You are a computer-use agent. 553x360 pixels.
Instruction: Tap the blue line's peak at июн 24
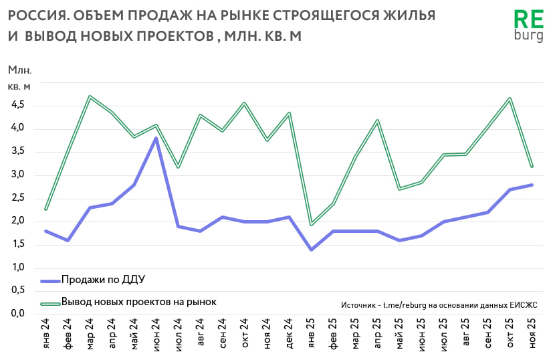(156, 139)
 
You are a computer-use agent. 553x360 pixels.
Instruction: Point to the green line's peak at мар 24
(90, 96)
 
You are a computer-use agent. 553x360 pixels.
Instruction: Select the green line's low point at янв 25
(310, 224)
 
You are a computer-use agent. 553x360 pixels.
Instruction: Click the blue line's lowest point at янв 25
(310, 250)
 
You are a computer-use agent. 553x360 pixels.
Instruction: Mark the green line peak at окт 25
(510, 99)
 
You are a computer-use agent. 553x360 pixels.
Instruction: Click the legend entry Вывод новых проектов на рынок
(138, 302)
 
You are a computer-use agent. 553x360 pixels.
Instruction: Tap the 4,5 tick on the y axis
(17, 105)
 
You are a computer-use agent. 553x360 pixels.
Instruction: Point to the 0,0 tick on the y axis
(17, 314)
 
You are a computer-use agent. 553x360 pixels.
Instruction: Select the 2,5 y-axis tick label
(17, 198)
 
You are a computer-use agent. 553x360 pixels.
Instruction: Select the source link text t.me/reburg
(403, 304)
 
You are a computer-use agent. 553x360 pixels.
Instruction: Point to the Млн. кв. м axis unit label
(19, 78)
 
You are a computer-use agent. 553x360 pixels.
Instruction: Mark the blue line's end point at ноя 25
(532, 185)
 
